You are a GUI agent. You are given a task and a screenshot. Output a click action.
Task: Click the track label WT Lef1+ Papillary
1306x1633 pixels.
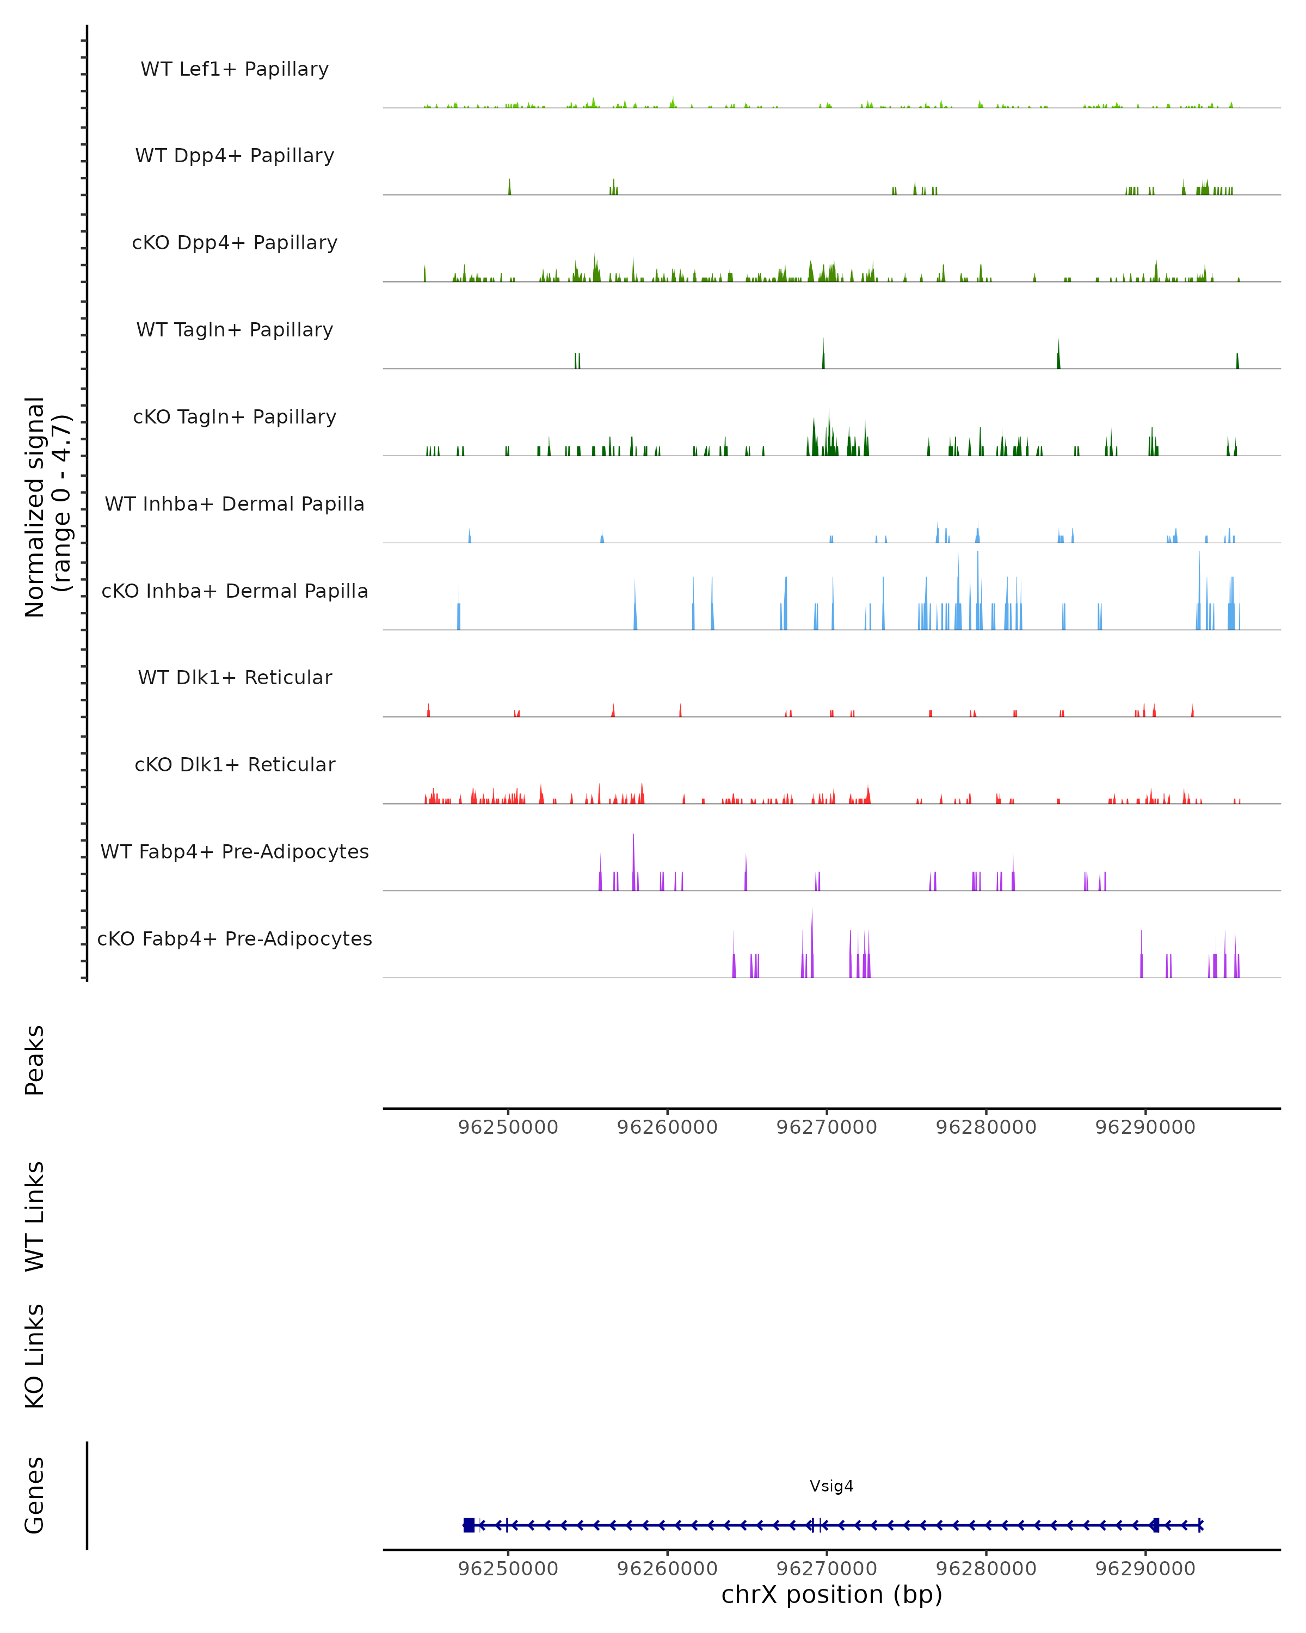[235, 69]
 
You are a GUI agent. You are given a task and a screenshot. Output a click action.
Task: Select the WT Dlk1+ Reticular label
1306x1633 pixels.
[235, 677]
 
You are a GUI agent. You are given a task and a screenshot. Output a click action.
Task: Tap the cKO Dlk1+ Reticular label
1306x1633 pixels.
[235, 764]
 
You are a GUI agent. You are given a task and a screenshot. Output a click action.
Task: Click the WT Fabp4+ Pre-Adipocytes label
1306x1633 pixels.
[235, 851]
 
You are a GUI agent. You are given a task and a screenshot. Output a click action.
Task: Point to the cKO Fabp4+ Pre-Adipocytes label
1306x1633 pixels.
[235, 938]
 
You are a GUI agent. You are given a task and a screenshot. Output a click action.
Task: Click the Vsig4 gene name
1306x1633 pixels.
[831, 1486]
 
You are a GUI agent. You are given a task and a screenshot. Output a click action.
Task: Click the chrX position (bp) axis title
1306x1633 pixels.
[831, 1594]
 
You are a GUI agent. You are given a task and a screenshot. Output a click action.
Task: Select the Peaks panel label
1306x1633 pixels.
[35, 1060]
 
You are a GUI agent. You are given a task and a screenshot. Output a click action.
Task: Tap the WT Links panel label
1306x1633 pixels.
[35, 1215]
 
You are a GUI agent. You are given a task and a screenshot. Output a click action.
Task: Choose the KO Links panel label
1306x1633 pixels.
[35, 1356]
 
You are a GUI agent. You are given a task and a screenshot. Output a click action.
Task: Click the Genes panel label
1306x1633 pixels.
[35, 1495]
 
